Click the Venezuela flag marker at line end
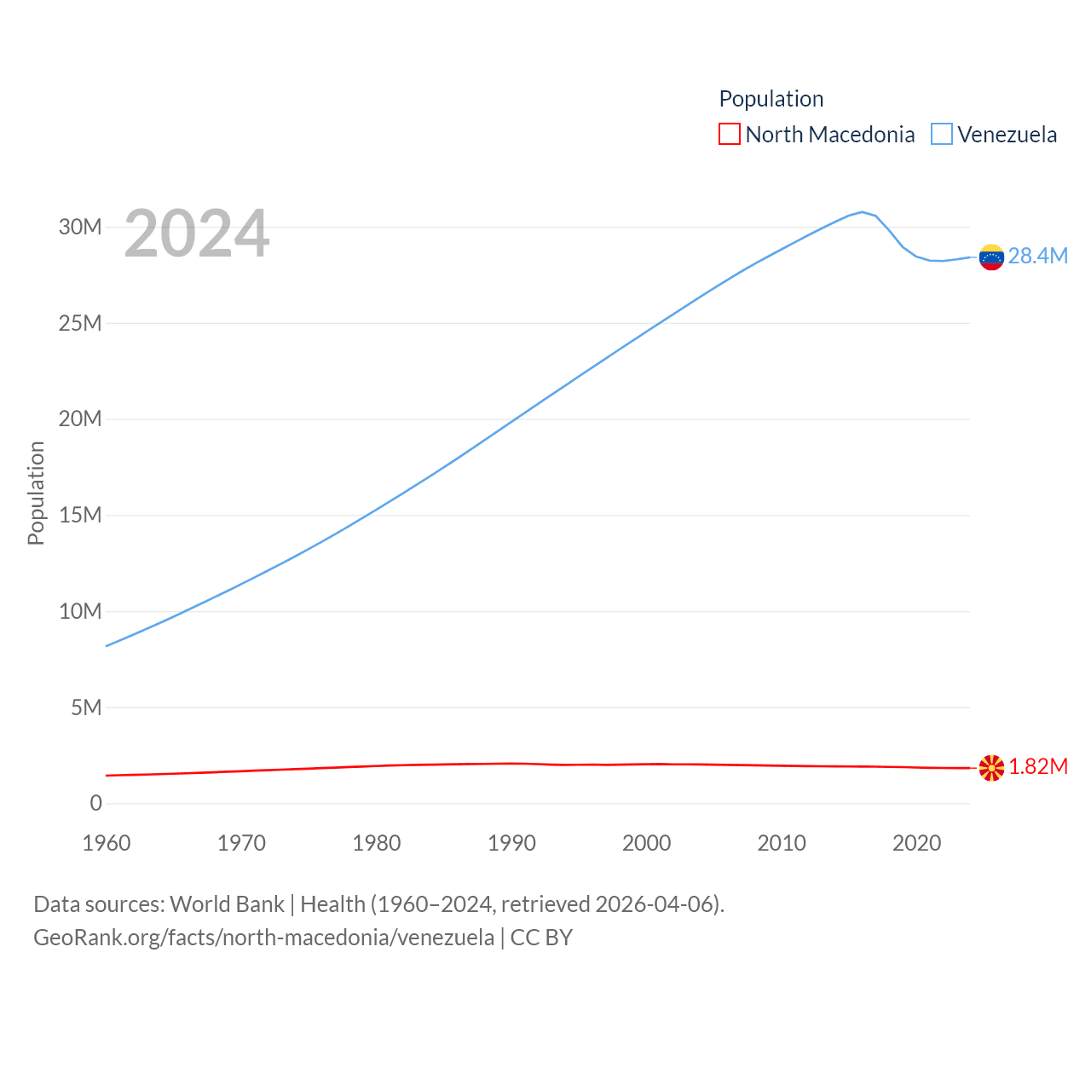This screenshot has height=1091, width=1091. point(991,257)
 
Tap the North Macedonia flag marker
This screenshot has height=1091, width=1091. point(991,768)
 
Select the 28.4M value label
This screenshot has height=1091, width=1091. point(1037,256)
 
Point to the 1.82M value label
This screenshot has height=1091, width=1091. point(1038,766)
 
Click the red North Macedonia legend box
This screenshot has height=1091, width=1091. point(730,135)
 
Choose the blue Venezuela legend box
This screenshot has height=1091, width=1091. point(941,135)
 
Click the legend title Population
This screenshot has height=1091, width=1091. point(771,99)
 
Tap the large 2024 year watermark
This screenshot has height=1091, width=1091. point(197,234)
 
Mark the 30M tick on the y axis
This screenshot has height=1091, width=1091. point(80,227)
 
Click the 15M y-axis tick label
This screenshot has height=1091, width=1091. point(80,515)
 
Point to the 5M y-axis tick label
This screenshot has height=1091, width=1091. point(86,707)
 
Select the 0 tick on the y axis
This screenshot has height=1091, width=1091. point(95,803)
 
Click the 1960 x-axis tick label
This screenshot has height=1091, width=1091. point(107,843)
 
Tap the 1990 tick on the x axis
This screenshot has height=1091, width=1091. point(511,843)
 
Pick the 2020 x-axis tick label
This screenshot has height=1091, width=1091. point(916,843)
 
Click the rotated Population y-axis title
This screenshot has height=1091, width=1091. point(36,493)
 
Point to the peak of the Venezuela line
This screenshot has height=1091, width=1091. point(862,211)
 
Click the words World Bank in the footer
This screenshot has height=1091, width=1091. point(227,903)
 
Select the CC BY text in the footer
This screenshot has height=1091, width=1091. point(541,938)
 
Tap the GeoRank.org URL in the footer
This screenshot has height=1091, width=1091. point(263,938)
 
